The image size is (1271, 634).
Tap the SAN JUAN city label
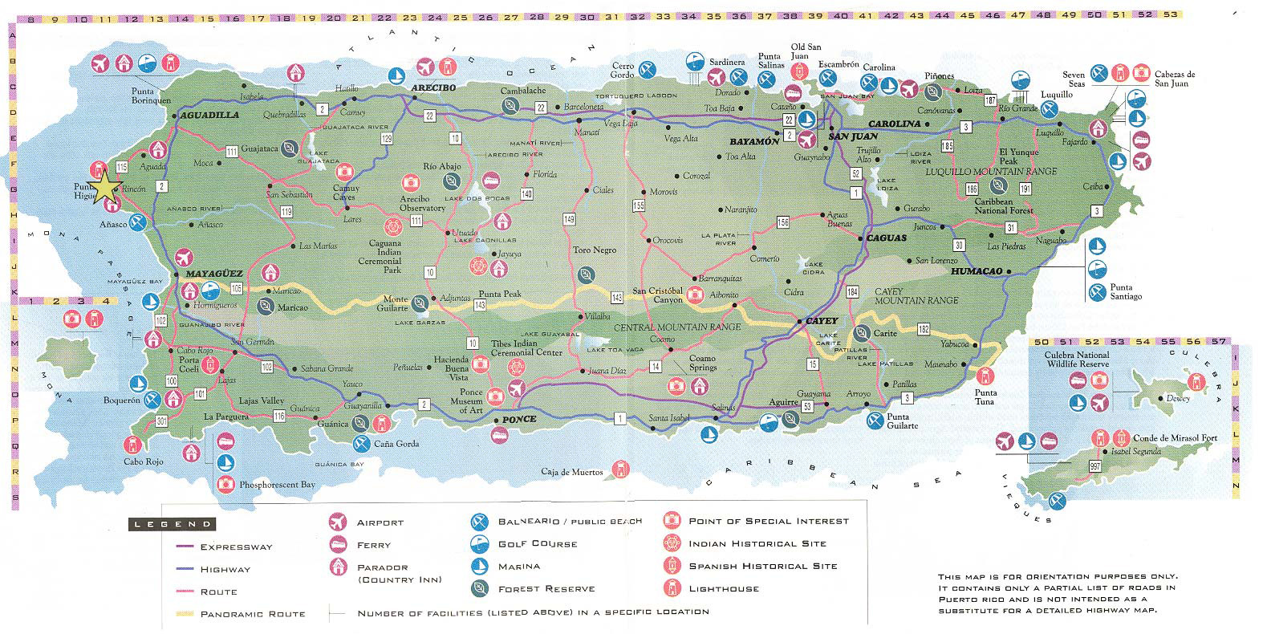click(849, 137)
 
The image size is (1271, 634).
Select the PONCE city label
click(518, 420)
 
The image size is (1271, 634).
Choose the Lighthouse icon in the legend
click(672, 588)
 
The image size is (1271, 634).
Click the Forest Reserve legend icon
click(481, 588)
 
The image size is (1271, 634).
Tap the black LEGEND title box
click(171, 524)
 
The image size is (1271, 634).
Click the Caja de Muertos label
click(571, 472)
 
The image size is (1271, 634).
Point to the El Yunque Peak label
click(1018, 156)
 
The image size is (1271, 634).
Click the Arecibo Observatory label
click(422, 203)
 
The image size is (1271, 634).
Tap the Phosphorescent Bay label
click(277, 485)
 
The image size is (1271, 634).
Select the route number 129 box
click(387, 140)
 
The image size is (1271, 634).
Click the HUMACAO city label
click(977, 271)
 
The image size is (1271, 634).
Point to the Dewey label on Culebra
click(1179, 399)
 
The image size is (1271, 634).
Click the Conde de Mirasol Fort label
click(1172, 439)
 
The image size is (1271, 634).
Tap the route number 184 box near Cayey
click(852, 291)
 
